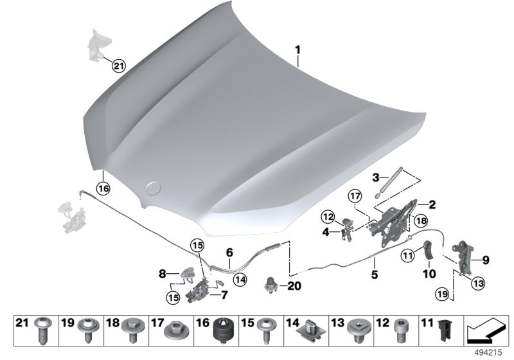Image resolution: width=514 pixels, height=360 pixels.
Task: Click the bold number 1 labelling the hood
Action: [x=297, y=50]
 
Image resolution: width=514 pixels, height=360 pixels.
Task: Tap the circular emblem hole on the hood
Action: [x=153, y=188]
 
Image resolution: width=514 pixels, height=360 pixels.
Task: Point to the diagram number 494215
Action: [x=493, y=352]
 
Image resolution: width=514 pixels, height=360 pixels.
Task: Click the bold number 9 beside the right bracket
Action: [x=486, y=260]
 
